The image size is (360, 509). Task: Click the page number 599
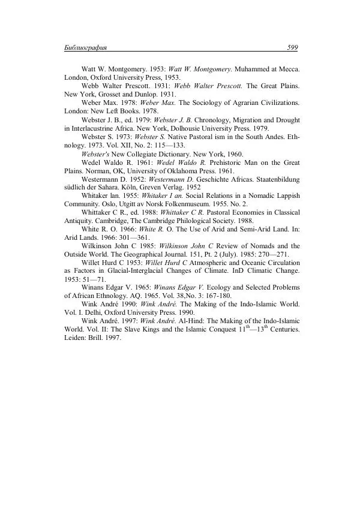293,47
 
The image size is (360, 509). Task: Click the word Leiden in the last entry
76,338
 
